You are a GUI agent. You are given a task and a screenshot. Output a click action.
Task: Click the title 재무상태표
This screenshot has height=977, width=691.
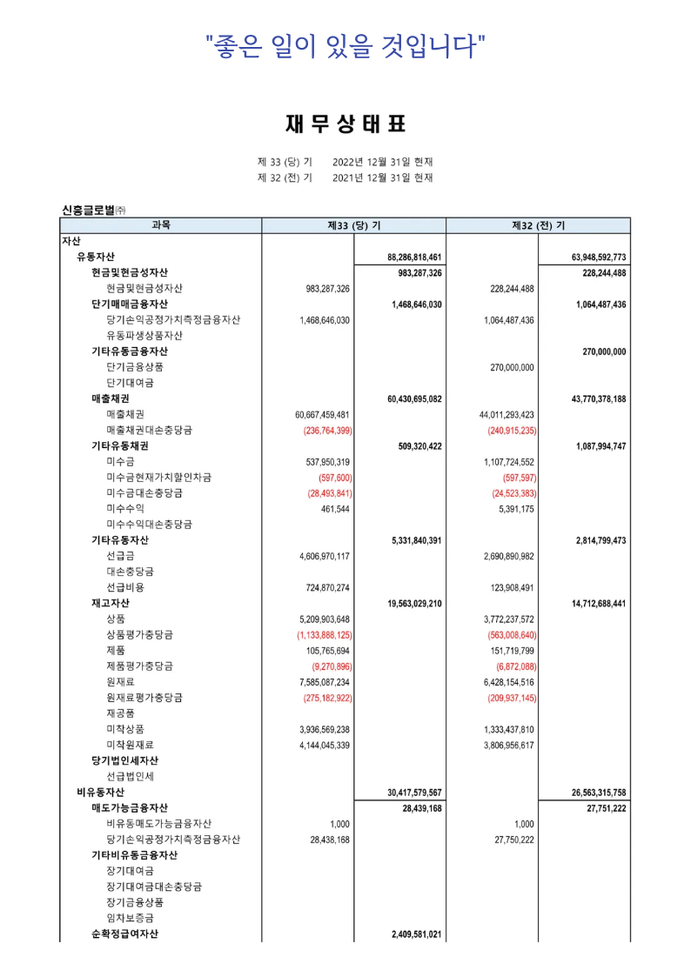345,124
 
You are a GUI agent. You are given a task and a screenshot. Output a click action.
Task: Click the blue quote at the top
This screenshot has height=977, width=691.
345,44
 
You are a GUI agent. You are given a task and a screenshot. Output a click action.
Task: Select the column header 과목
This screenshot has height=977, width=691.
161,225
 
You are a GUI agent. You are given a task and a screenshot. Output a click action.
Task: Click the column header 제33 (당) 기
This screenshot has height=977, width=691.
353,225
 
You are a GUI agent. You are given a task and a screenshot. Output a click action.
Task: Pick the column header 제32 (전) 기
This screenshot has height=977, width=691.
538,225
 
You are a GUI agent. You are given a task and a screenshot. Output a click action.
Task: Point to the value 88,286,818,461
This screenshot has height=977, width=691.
414,258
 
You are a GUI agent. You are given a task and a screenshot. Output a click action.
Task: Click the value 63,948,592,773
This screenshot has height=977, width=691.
599,258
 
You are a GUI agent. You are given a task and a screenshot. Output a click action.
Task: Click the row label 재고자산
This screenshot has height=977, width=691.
111,603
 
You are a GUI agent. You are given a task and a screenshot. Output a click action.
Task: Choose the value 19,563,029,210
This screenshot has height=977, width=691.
414,603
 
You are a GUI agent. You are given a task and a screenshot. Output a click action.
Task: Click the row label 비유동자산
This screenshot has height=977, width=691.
101,793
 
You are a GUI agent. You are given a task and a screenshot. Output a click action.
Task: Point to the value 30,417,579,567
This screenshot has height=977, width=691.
414,793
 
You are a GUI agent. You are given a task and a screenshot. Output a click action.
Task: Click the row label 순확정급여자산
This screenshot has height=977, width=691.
125,934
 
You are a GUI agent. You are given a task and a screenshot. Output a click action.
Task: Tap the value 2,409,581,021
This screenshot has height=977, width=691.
417,934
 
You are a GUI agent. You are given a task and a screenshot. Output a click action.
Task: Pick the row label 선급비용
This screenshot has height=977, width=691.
125,587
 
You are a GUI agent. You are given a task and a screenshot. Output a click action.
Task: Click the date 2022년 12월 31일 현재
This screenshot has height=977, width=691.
383,162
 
